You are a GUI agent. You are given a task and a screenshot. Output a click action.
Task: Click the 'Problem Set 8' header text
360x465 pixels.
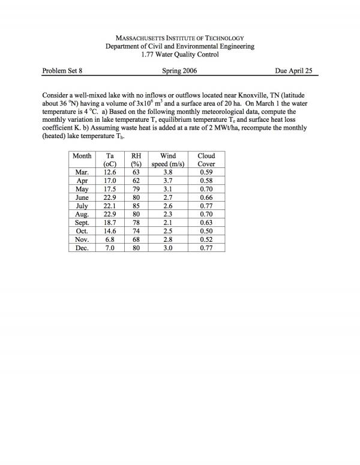[x=62, y=70]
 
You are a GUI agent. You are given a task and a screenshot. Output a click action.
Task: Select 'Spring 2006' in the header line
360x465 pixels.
[x=179, y=70]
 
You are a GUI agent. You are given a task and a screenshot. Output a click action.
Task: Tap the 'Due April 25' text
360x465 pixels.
[x=296, y=70]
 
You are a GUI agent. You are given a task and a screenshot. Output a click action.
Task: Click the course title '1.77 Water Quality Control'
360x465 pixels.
[x=180, y=55]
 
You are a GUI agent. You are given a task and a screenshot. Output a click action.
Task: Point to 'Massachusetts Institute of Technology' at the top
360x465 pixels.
[x=180, y=37]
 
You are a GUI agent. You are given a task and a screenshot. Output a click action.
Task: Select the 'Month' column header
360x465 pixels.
[x=82, y=155]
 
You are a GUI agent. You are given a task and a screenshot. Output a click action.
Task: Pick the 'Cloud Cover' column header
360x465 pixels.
[x=206, y=160]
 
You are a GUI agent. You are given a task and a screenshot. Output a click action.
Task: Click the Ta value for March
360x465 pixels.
[x=110, y=172]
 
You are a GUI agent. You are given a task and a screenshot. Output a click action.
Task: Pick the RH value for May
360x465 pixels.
[x=136, y=188]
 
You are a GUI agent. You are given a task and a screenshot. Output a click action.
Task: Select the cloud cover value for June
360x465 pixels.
[x=206, y=197]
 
